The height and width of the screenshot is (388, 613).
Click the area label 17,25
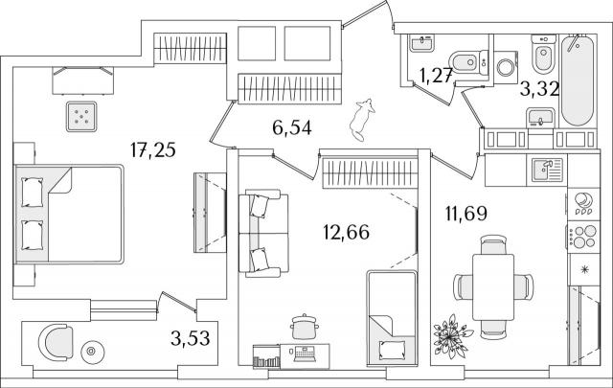pos(153,150)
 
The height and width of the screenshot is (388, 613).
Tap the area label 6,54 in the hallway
pos(291,128)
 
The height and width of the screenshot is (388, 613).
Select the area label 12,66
pos(347,233)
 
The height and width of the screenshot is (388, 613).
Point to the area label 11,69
pos(466,214)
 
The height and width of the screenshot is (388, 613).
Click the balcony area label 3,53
pos(191,338)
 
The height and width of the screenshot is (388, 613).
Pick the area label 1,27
pos(436,76)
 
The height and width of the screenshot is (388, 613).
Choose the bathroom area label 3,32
pos(539,89)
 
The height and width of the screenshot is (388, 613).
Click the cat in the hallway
pos(361,120)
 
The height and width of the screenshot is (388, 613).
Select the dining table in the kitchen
pos(493,287)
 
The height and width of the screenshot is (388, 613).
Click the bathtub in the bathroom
pos(578,80)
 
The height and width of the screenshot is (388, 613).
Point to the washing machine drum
pos(507,67)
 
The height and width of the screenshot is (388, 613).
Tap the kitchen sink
pos(547,170)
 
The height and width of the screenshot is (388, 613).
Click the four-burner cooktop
pos(583,236)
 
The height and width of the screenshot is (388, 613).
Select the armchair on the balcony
pos(56,342)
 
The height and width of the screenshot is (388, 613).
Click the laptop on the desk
pos(305,354)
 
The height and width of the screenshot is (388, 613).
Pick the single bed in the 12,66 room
pos(392,318)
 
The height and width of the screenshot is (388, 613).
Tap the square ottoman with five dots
pos(81,117)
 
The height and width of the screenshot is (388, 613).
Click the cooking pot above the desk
pos(305,326)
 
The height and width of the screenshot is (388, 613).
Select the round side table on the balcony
pos(93,352)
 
